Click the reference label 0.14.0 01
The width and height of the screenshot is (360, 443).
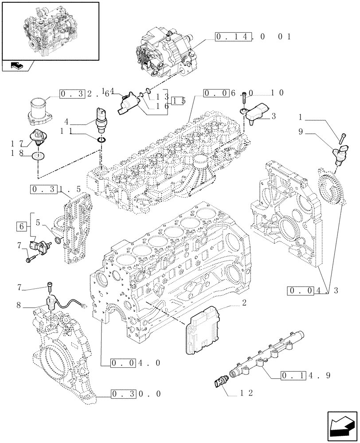[253, 37]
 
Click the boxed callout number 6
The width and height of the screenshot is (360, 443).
[21, 227]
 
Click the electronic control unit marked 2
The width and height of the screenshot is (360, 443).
[203, 330]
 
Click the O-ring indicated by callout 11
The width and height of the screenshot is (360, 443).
[102, 140]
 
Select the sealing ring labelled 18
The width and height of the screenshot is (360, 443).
[39, 156]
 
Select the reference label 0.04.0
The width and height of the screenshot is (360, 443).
[130, 363]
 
